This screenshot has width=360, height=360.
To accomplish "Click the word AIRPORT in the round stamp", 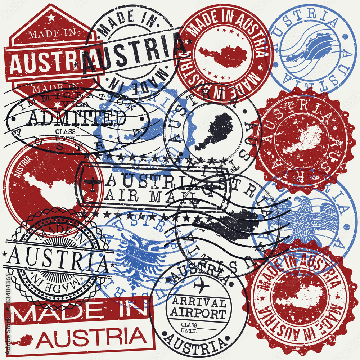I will pyautogui.click(x=198, y=312).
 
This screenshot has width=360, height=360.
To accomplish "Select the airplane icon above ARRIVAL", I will pyautogui.click(x=201, y=287).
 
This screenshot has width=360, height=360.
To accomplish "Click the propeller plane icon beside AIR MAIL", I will pyautogui.click(x=93, y=183).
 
